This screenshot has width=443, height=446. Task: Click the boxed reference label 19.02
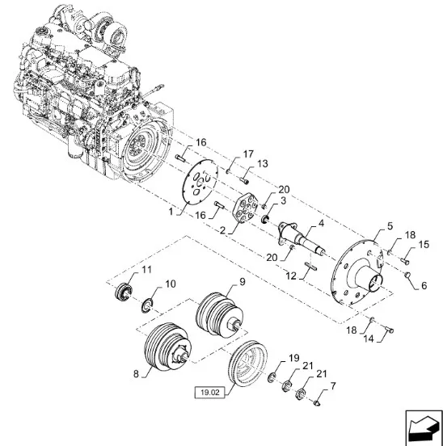(210, 393)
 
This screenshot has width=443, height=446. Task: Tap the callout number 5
(390, 226)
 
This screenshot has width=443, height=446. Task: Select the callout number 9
(243, 282)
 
